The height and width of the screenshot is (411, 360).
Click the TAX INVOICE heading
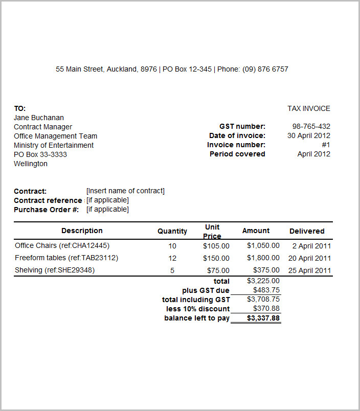(x=309, y=108)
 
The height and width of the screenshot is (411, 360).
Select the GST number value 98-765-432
(x=311, y=126)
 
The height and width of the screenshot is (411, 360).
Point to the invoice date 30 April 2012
(x=309, y=135)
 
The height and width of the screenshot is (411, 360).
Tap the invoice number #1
(x=326, y=145)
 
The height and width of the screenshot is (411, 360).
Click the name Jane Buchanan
(x=39, y=118)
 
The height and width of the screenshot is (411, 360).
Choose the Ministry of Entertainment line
(x=54, y=145)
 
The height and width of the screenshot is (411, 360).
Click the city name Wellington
(x=31, y=164)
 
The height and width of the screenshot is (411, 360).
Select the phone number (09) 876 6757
(x=265, y=69)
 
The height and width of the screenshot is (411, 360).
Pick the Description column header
(x=82, y=231)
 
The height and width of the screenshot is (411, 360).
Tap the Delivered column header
(x=307, y=231)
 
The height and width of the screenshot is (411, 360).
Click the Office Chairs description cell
(x=62, y=245)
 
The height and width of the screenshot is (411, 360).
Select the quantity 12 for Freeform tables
(x=172, y=258)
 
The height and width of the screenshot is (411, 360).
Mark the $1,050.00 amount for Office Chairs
(x=263, y=245)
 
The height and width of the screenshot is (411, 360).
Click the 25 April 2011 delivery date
(x=310, y=270)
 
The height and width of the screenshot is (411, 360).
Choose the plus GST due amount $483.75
(x=266, y=290)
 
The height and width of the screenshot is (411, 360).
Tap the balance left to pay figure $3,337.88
(x=263, y=318)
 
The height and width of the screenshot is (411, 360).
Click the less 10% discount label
(x=198, y=309)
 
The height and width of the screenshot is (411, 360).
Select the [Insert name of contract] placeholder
(x=125, y=191)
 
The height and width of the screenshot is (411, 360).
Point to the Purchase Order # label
(x=46, y=209)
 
